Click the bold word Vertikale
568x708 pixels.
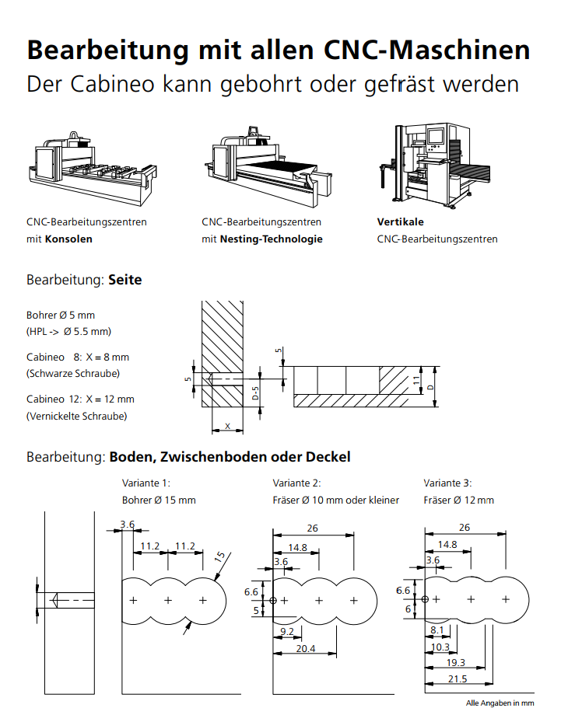pos(400,221)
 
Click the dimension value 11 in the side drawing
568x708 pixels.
pos(417,381)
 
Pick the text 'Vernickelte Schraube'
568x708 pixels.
pos(76,416)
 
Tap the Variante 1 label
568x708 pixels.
pos(146,483)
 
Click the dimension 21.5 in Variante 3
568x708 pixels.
pos(458,678)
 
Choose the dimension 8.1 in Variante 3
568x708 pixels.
pos(437,630)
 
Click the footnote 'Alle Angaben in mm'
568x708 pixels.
pos(500,703)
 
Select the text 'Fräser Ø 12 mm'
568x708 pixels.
pos(458,500)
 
